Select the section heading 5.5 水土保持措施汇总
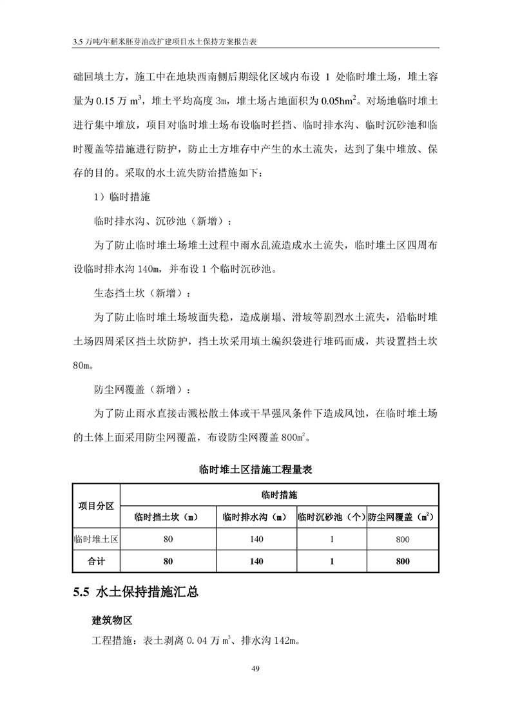click(x=135, y=592)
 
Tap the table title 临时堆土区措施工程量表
click(x=255, y=470)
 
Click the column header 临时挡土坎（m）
click(x=168, y=517)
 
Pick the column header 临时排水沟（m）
click(x=256, y=517)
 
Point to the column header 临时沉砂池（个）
click(x=331, y=517)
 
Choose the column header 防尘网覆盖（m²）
click(x=403, y=517)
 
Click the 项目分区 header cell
click(x=96, y=505)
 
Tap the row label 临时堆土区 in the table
click(x=96, y=539)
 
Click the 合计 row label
click(x=96, y=561)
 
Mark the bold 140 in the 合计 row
click(x=256, y=561)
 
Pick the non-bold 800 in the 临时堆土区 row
click(x=403, y=539)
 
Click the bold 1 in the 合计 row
click(x=331, y=561)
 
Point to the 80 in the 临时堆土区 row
click(x=168, y=539)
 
